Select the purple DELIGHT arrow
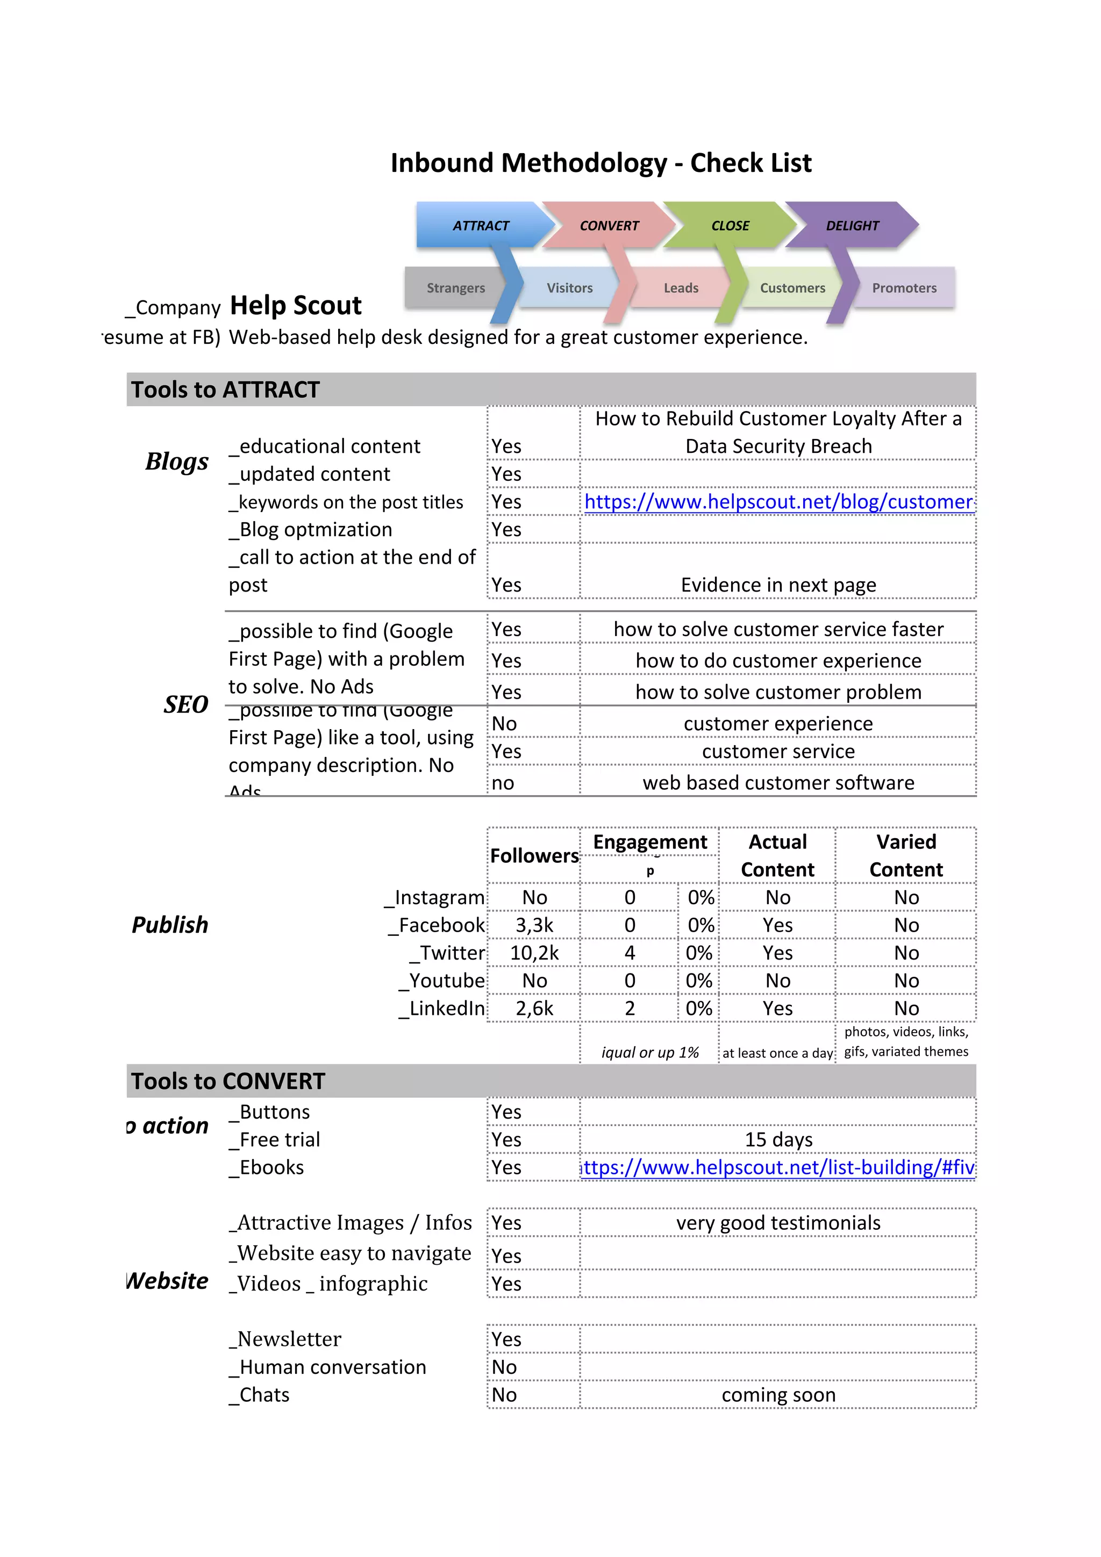852,225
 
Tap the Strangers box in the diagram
455,287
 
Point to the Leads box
681,287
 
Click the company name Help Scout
295,306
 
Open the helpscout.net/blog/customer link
778,502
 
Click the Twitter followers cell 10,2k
534,953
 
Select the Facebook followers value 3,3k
534,925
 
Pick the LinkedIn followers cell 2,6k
534,1008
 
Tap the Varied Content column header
906,855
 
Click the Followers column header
534,856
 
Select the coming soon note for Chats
778,1395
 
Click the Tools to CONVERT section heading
228,1081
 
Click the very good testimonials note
778,1223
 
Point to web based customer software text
778,783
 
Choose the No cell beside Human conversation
505,1367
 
